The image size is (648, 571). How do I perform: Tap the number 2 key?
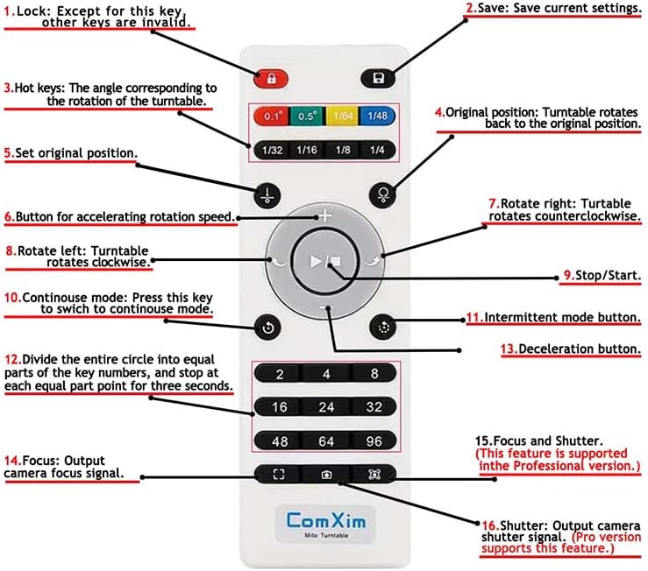pyautogui.click(x=279, y=374)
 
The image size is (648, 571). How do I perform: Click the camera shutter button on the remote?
pyautogui.click(x=326, y=475)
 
